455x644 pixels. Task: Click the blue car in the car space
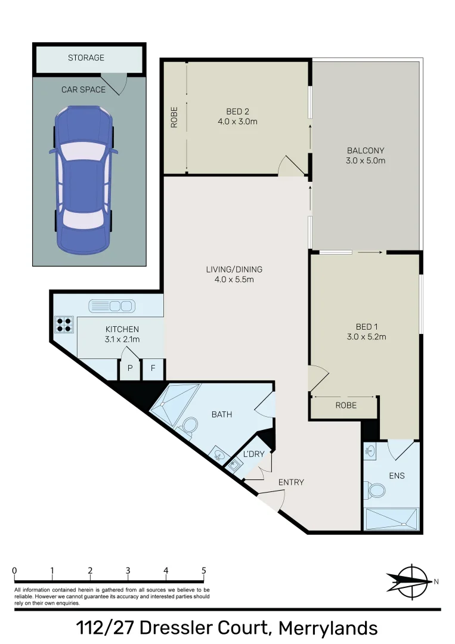(83, 178)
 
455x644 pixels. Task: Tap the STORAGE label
(86, 58)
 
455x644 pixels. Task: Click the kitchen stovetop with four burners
(64, 324)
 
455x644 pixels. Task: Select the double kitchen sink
(112, 306)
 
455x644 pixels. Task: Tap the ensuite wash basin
(370, 451)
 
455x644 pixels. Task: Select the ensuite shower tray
(392, 519)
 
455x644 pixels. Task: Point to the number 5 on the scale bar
(204, 571)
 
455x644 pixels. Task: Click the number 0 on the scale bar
(14, 571)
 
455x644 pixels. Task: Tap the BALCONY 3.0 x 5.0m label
(366, 156)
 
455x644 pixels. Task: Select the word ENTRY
(292, 482)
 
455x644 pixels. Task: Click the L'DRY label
(253, 454)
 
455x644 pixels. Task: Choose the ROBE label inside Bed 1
(346, 405)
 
